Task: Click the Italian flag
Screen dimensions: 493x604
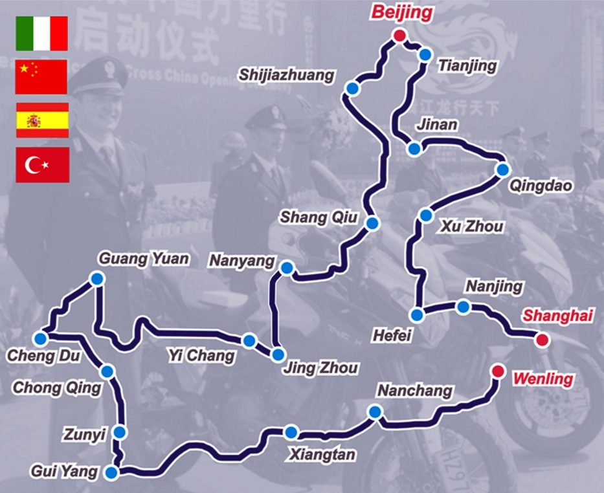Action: tap(42, 34)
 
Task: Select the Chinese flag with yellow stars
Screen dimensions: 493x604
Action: tap(41, 77)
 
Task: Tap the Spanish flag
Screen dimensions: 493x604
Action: tap(42, 120)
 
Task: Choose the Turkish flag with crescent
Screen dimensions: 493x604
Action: tap(42, 164)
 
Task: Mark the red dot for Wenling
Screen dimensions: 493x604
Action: tap(497, 371)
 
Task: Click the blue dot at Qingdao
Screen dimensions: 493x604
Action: tap(503, 170)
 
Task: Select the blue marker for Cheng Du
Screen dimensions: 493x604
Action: tap(41, 338)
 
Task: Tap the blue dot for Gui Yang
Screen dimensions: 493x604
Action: tap(112, 472)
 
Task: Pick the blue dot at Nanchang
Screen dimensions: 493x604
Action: tap(374, 412)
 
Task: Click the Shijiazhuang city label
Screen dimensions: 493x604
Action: tap(287, 75)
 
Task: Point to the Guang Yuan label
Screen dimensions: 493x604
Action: tap(144, 259)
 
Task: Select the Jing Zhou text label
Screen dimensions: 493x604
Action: tap(320, 368)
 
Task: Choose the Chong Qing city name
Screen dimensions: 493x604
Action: tap(57, 388)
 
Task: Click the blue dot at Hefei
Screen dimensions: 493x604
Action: tap(418, 315)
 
